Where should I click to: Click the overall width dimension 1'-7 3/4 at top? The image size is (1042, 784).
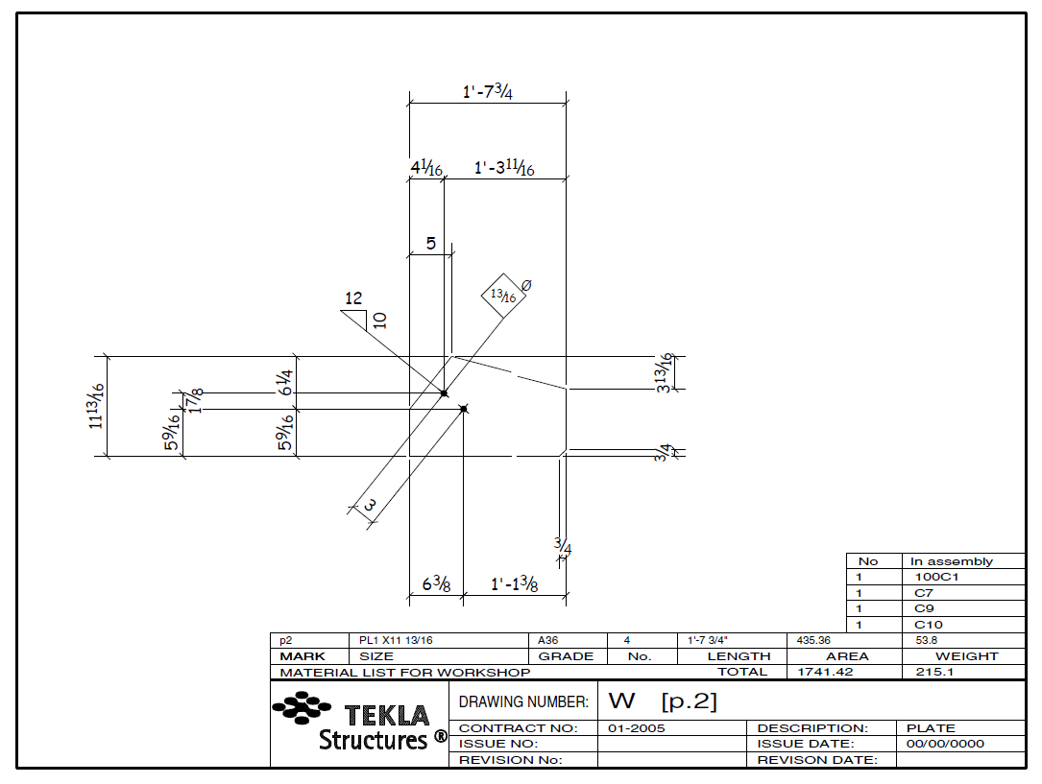(x=487, y=92)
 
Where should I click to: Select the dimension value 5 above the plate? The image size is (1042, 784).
(x=431, y=243)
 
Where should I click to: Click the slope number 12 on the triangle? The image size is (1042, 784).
(x=353, y=298)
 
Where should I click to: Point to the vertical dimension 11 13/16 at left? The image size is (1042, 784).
(x=96, y=406)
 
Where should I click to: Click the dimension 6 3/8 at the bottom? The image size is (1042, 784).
(x=437, y=583)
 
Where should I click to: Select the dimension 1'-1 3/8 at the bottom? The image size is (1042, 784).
(x=514, y=583)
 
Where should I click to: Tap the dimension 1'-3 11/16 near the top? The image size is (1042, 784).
(x=503, y=168)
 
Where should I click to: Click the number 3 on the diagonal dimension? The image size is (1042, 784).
(x=370, y=505)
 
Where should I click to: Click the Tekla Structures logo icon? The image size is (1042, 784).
(x=301, y=709)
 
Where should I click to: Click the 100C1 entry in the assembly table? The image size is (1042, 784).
(x=936, y=578)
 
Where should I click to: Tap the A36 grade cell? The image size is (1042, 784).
(x=548, y=640)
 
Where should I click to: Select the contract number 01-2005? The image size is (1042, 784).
(x=637, y=728)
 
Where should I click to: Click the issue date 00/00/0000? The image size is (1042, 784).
(x=945, y=744)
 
